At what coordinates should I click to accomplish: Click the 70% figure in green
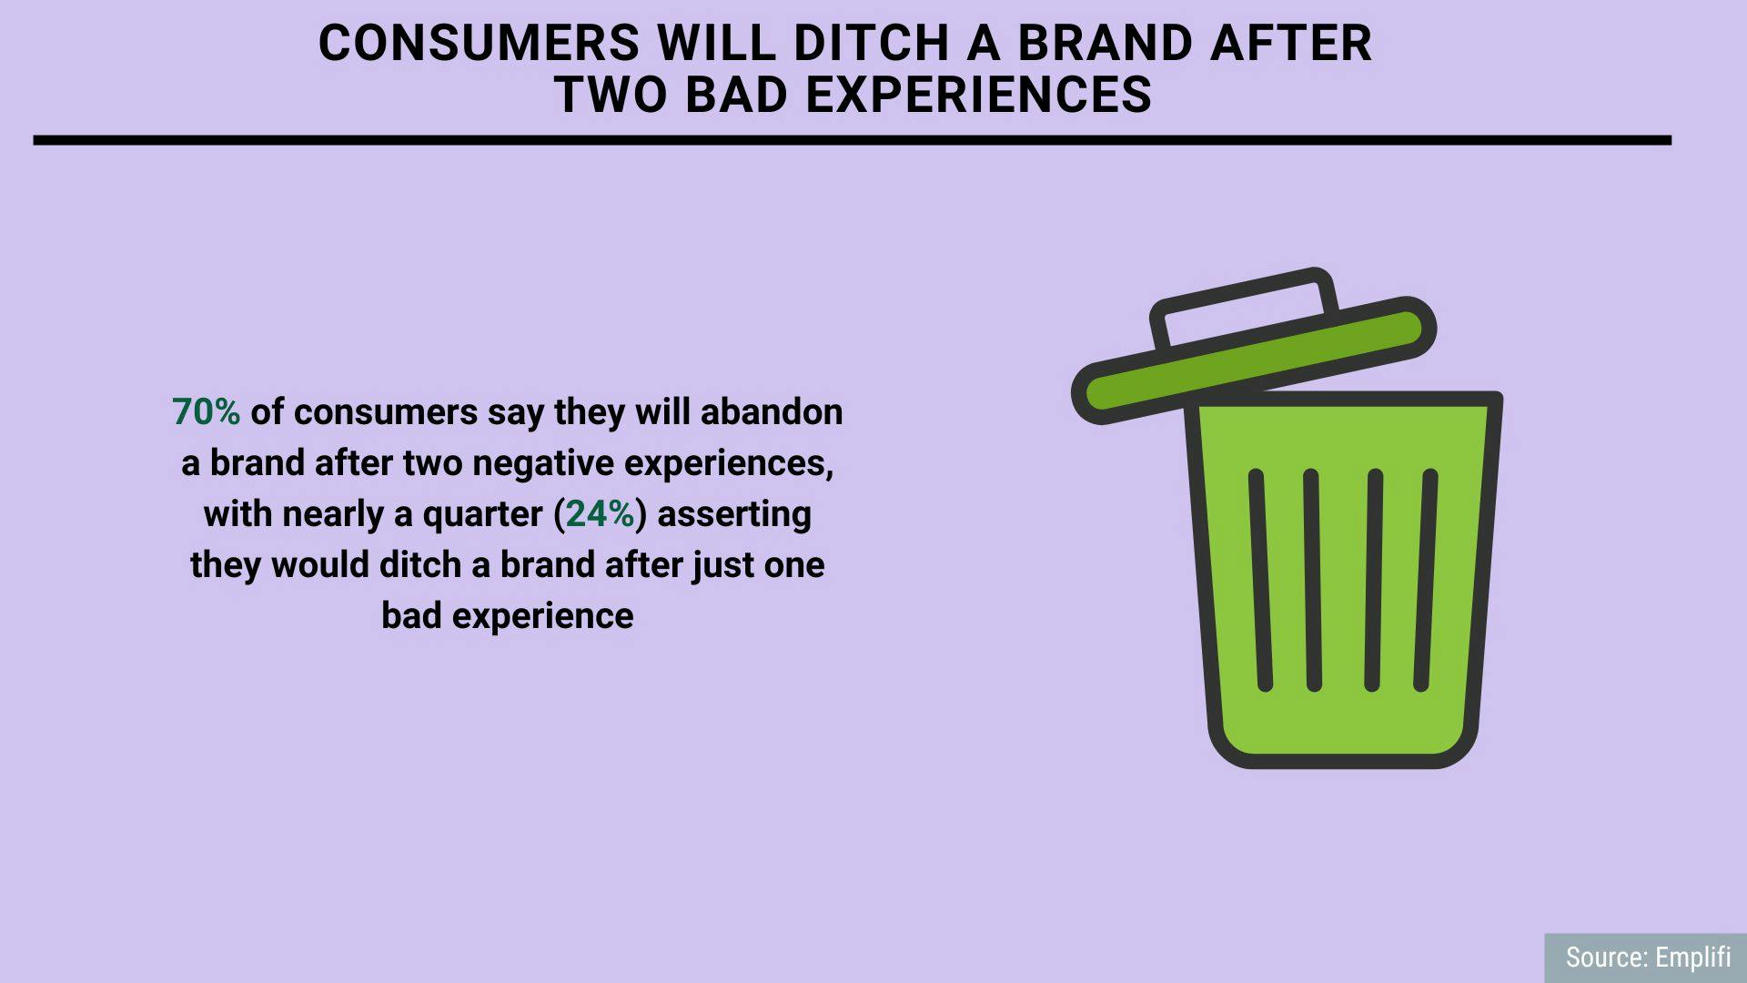(206, 412)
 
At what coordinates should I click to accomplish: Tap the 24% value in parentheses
(601, 514)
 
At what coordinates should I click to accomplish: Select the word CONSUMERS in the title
(480, 43)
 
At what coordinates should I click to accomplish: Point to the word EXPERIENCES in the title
(979, 95)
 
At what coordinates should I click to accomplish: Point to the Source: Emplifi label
(1648, 958)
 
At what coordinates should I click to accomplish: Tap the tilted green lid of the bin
(1254, 360)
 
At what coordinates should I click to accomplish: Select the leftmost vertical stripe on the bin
(1260, 580)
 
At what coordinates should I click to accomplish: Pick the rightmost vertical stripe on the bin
(1425, 580)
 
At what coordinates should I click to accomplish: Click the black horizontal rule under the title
(853, 140)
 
